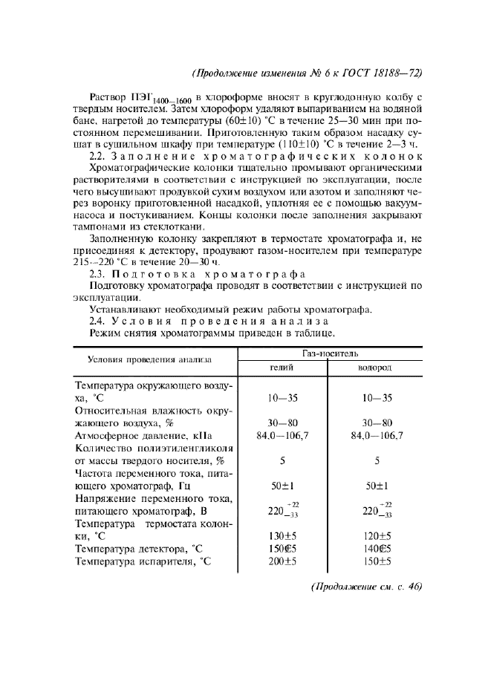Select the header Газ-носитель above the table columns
tap(328, 354)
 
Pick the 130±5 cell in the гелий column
tap(282, 534)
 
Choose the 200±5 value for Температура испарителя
tap(282, 561)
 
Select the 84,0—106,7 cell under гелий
tap(282, 436)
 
